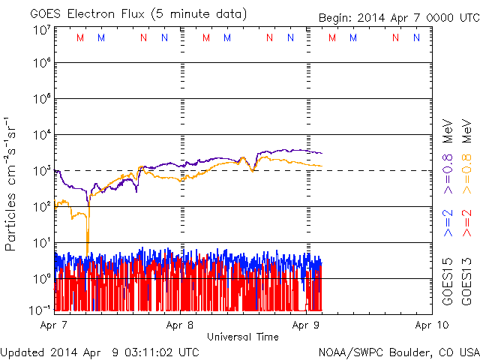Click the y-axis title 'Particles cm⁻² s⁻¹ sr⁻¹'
pyautogui.click(x=12, y=183)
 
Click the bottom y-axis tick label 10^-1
pyautogui.click(x=39, y=309)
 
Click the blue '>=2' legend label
pyautogui.click(x=448, y=223)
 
